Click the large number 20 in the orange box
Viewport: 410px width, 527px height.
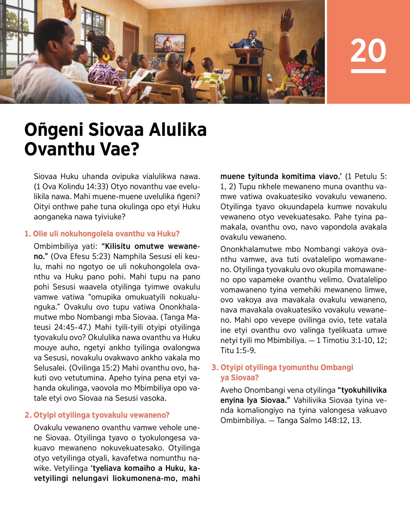pyautogui.click(x=368, y=51)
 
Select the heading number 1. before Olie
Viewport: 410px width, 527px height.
pyautogui.click(x=28, y=234)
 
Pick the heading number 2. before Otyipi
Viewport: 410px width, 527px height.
pyautogui.click(x=28, y=415)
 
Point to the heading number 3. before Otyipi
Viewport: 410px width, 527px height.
pyautogui.click(x=215, y=367)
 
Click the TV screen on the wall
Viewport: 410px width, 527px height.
pyautogui.click(x=169, y=43)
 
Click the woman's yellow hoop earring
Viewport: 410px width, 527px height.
pyautogui.click(x=106, y=57)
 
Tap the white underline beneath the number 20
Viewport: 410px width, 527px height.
pyautogui.click(x=368, y=71)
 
